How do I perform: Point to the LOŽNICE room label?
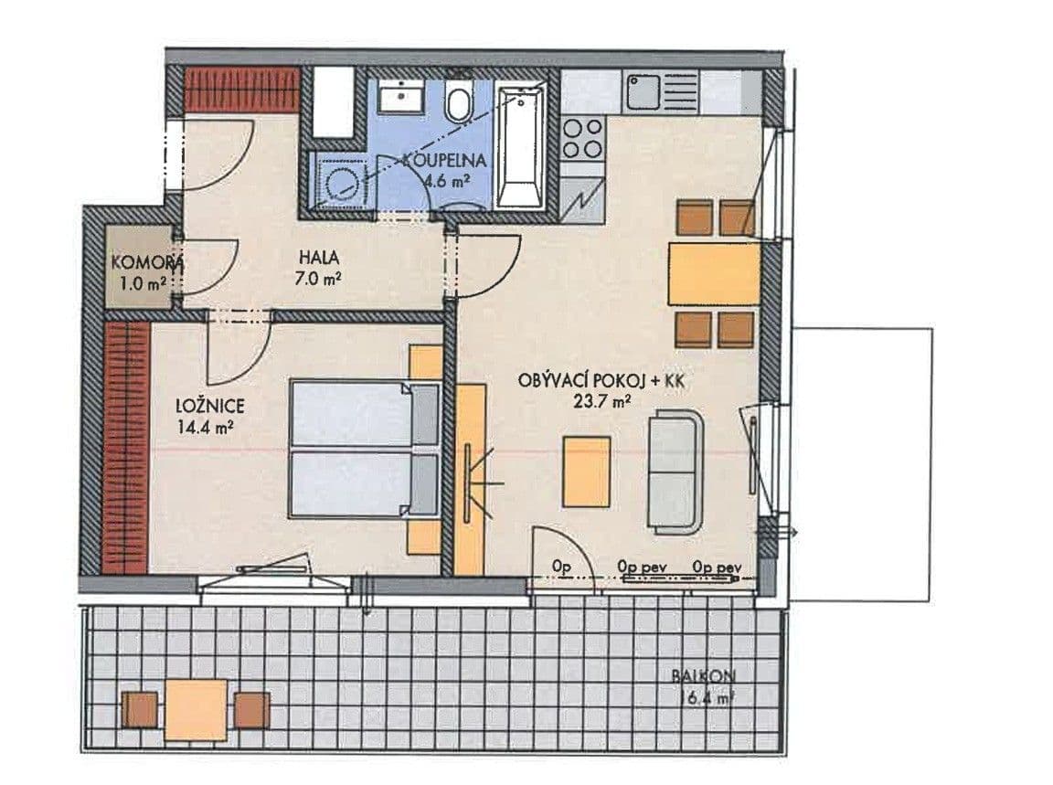point(211,405)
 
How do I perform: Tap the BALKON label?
point(704,677)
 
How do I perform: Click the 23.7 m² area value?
point(600,399)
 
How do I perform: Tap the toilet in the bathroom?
point(459,101)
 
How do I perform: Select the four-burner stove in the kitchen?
point(582,138)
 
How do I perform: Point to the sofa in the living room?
point(675,471)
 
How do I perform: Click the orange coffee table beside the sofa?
point(587,471)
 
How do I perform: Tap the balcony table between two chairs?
point(197,708)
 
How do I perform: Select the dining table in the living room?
point(715,273)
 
